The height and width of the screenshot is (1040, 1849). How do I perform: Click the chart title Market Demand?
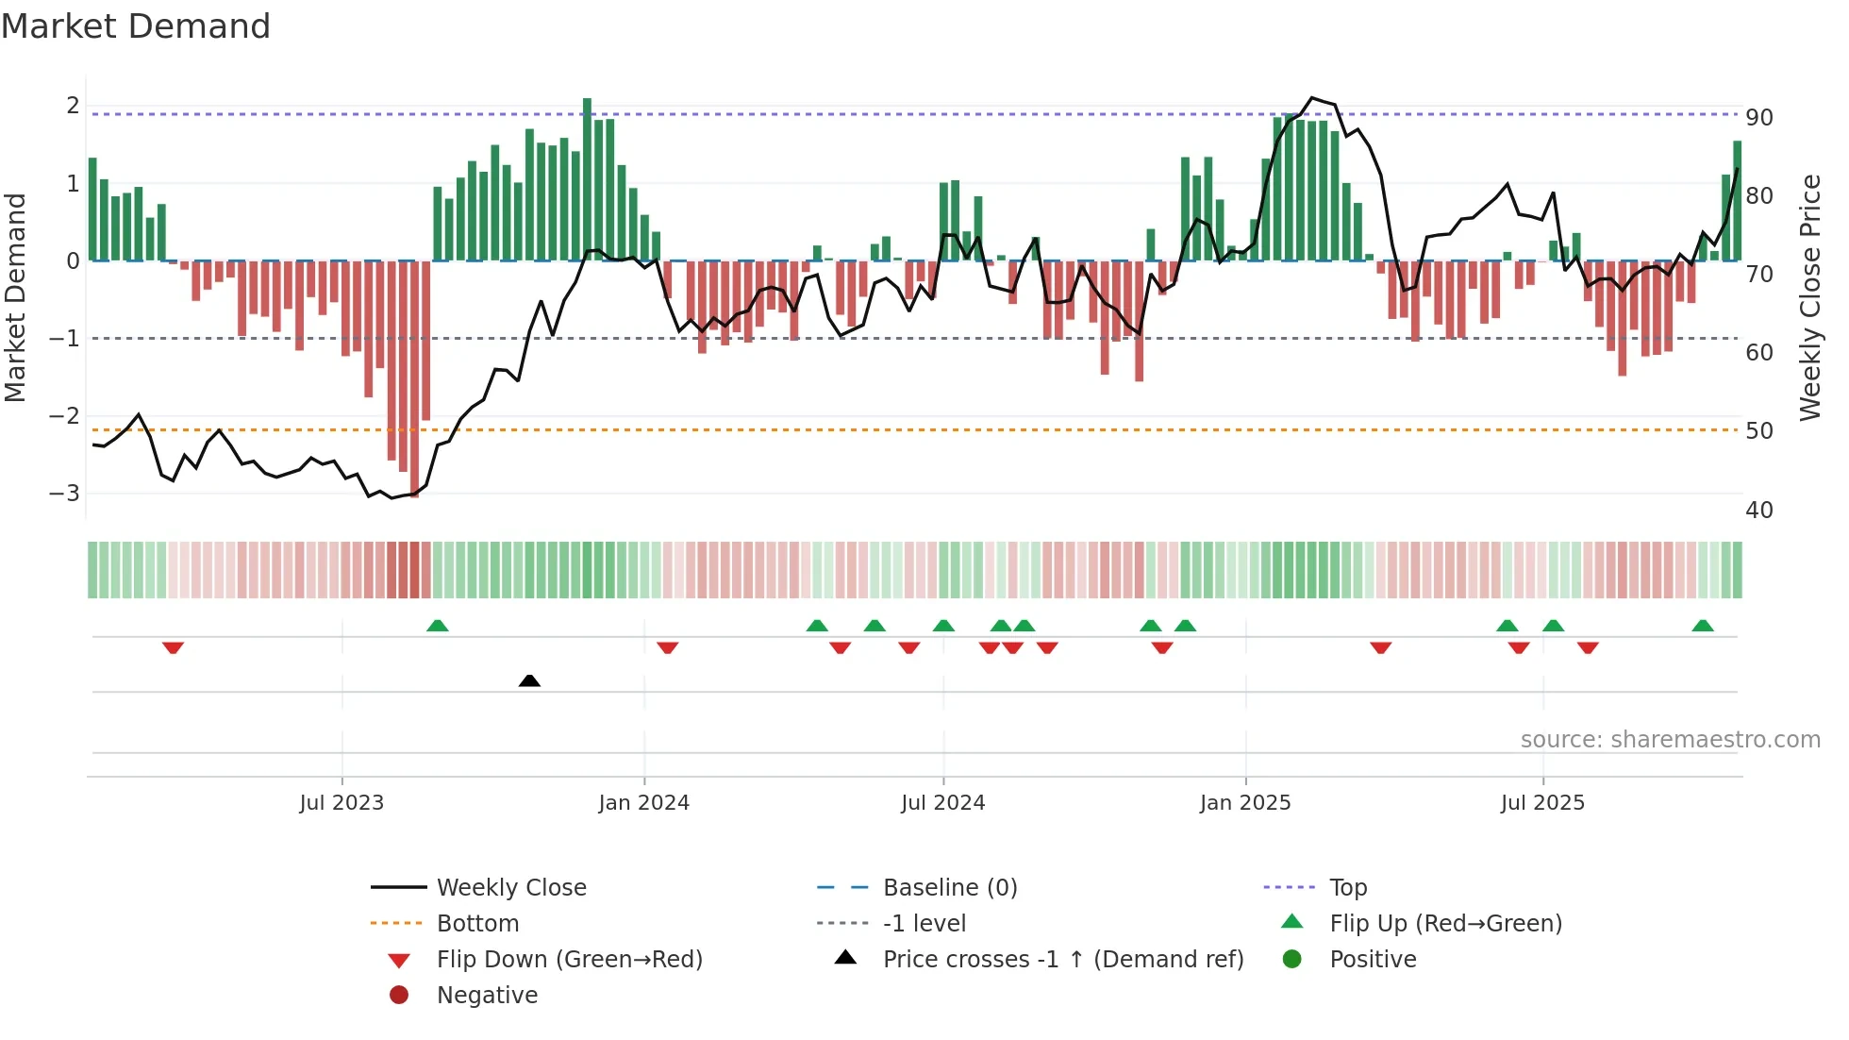tap(136, 26)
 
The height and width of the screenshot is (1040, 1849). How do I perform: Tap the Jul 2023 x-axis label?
tap(341, 803)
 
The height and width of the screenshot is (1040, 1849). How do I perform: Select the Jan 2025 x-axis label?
tap(1245, 803)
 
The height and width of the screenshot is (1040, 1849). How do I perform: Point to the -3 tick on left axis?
tap(66, 494)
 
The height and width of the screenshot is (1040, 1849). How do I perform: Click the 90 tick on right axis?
tap(1759, 118)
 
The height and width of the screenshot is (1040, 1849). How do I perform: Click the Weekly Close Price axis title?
tap(1809, 297)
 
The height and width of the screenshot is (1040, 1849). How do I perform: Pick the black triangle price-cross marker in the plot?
tap(529, 680)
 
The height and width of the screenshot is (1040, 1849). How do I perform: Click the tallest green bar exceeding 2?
tap(587, 179)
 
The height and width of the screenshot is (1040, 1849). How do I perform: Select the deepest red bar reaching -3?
tap(415, 377)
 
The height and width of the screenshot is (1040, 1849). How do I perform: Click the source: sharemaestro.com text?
tap(1670, 740)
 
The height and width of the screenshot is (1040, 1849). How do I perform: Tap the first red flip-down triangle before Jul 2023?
tap(173, 647)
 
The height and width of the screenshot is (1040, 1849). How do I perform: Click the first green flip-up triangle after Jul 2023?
tap(438, 626)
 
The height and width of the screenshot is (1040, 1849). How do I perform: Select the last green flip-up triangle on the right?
tap(1703, 626)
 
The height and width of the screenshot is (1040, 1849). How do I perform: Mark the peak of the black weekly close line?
tap(1312, 97)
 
